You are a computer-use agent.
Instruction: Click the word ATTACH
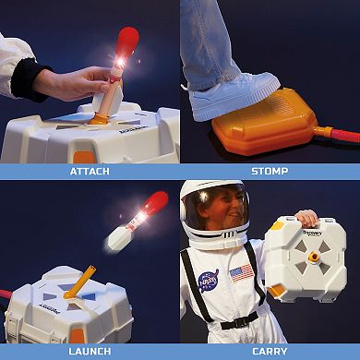tap(90, 171)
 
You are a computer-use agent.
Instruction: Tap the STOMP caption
tap(269, 171)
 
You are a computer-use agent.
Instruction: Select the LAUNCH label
tap(90, 351)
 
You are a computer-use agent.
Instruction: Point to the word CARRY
tap(269, 351)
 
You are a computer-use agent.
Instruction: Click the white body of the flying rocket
tap(121, 236)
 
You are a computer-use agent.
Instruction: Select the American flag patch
tap(241, 273)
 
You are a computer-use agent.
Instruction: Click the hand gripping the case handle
tap(306, 218)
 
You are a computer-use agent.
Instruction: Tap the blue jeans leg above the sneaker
tap(208, 42)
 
